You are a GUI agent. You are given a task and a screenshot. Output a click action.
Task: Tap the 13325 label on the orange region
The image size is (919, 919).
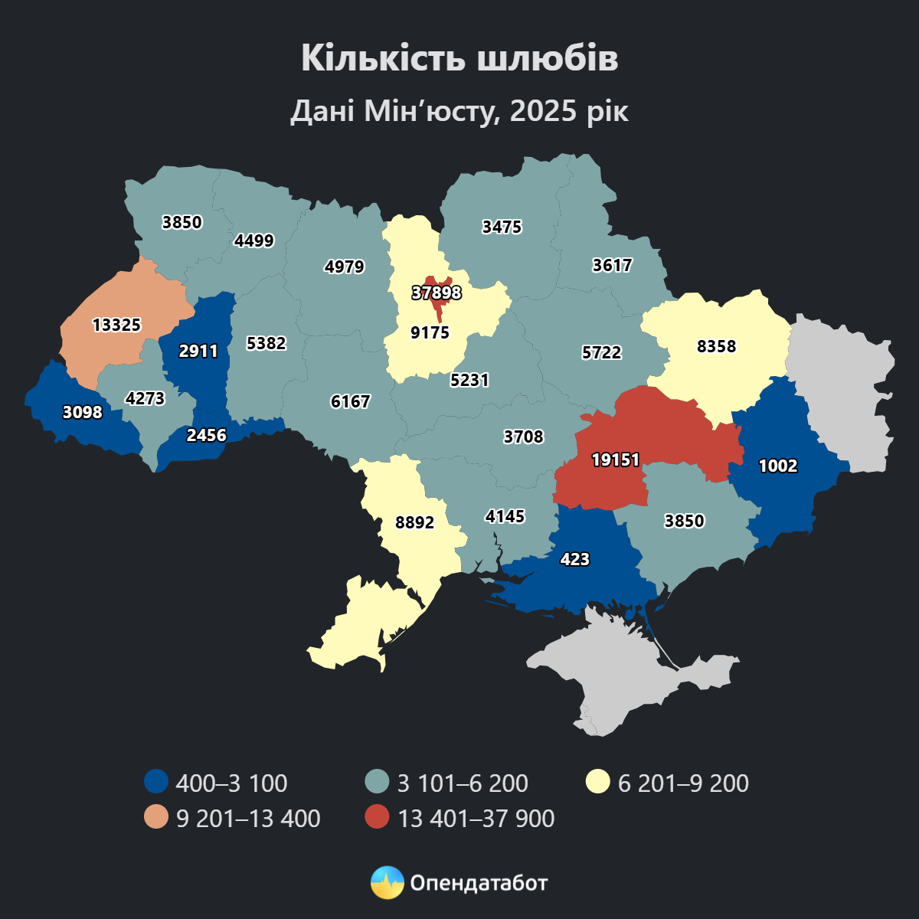pos(116,325)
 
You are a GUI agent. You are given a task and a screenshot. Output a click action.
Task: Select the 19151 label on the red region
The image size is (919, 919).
pos(615,459)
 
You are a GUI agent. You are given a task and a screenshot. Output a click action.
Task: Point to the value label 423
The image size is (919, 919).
pos(574,559)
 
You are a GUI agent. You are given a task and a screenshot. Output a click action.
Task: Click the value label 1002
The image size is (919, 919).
pos(778,466)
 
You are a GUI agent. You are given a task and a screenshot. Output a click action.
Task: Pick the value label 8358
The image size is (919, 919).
pos(716,346)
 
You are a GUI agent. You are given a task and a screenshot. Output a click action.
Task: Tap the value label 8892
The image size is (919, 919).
pos(414,522)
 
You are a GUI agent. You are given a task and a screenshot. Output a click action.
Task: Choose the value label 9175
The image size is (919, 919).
pos(430,332)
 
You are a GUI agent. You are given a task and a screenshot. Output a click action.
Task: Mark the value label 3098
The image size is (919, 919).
pos(82,412)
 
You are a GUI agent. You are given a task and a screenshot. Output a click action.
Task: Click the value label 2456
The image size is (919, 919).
pos(207,435)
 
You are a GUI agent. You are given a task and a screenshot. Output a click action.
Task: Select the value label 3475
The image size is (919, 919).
pos(502,227)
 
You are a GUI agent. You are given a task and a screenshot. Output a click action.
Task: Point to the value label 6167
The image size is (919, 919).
pos(350,401)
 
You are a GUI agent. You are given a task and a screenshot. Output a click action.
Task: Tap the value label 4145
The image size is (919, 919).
pos(505,516)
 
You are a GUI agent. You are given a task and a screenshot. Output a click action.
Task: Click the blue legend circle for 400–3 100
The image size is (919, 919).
pos(156,782)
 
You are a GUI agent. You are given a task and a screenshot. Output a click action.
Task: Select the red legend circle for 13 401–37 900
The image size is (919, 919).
pos(377,817)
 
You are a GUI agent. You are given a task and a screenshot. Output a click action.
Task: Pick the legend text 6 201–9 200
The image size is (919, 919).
pos(683,783)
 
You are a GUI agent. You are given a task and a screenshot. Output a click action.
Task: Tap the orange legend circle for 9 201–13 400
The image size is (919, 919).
pos(156,817)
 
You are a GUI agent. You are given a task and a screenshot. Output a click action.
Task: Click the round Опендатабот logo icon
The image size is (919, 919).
pos(387,883)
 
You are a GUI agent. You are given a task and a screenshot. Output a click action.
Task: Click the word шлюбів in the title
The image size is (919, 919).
pos(548,59)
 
